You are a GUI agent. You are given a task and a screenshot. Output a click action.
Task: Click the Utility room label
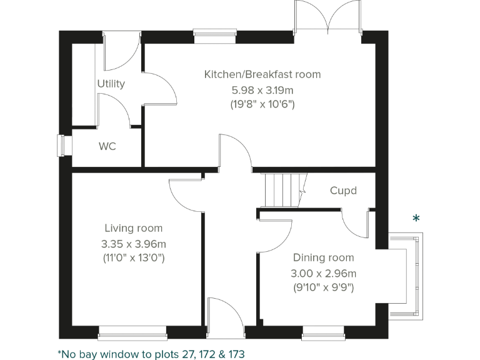point(111,84)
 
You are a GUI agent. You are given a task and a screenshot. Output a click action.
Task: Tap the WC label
point(107,147)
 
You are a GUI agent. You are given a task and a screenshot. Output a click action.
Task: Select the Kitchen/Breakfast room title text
point(262,74)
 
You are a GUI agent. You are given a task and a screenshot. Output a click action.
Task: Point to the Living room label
point(133,229)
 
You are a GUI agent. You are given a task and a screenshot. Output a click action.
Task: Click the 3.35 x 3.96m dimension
point(133,244)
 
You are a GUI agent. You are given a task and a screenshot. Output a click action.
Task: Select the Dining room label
point(323,257)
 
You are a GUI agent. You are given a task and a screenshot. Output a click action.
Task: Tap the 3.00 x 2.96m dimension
point(323,273)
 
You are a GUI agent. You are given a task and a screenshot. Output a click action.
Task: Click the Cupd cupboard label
point(343,190)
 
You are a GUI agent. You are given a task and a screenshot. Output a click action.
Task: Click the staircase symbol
point(282,190)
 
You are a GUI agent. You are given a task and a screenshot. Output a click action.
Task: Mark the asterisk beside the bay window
point(416,219)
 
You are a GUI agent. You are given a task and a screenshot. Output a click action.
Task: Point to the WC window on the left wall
point(61,146)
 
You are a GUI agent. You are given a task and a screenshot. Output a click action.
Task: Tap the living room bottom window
point(132,331)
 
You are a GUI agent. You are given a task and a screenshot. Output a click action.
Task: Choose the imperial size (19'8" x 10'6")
point(262,104)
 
